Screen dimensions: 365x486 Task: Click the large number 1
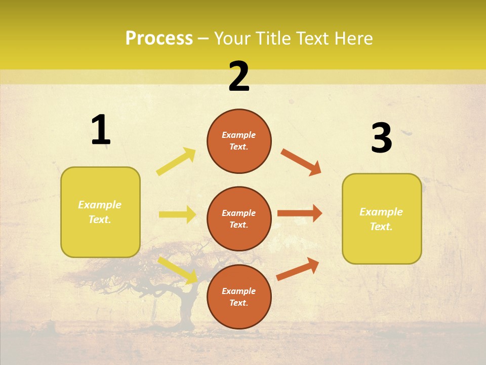click(100, 130)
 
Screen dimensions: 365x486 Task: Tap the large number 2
click(239, 77)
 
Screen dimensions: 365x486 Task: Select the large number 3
click(381, 138)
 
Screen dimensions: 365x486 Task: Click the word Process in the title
click(159, 38)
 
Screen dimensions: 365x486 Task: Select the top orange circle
click(239, 141)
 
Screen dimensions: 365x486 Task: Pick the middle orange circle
click(239, 218)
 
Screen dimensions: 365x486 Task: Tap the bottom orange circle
click(239, 297)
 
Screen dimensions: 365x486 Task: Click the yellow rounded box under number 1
click(100, 212)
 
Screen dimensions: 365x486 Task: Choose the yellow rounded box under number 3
click(382, 219)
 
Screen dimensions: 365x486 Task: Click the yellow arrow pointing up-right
click(176, 162)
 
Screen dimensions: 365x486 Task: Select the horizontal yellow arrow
click(177, 214)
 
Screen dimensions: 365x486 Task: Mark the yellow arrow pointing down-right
click(178, 270)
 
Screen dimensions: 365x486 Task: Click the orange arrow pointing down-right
click(301, 162)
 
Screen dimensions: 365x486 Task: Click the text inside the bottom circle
click(239, 297)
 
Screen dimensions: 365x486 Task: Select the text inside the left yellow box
click(100, 212)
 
